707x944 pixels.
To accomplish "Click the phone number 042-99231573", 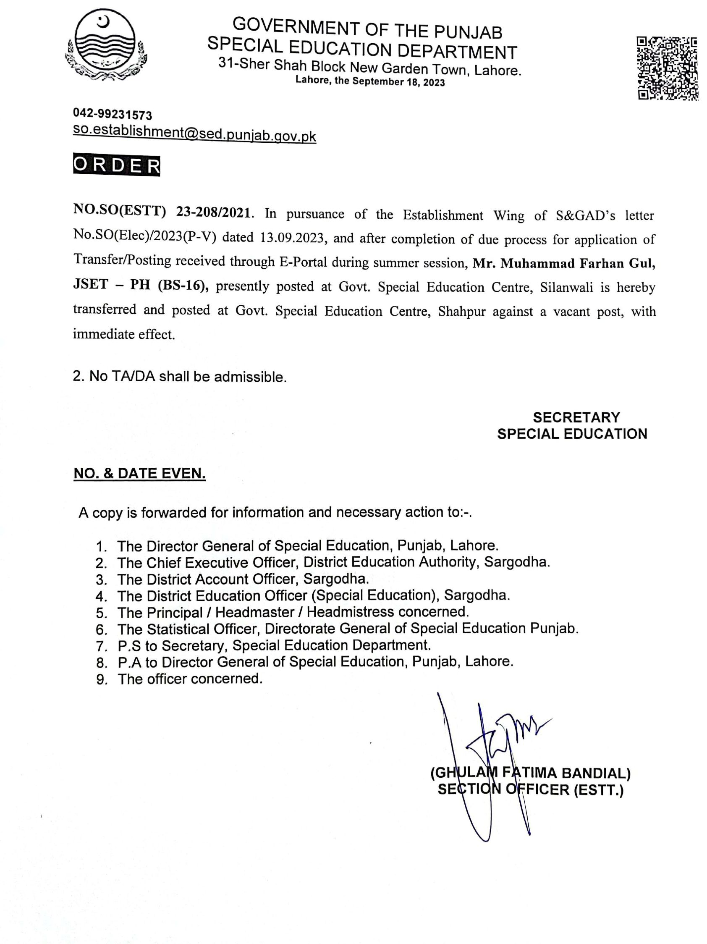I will [112, 114].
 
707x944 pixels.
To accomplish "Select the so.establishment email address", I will [194, 133].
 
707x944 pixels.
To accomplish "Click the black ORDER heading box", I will [116, 165].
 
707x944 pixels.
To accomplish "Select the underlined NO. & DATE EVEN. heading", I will [139, 473].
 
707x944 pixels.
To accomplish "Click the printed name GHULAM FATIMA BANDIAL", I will [530, 773].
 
